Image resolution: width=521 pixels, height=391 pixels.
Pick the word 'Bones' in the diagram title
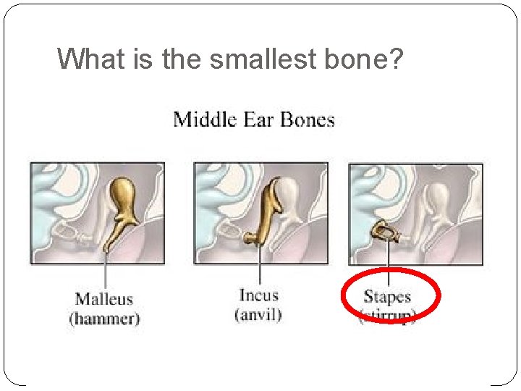tap(308, 119)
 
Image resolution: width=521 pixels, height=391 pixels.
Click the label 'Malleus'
tap(104, 298)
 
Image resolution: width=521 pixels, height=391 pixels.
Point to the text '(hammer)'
tap(104, 318)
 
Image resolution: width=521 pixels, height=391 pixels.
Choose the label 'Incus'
tap(258, 295)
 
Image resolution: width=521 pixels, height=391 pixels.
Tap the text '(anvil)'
tap(258, 314)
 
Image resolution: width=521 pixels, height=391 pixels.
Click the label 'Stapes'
tap(387, 296)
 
